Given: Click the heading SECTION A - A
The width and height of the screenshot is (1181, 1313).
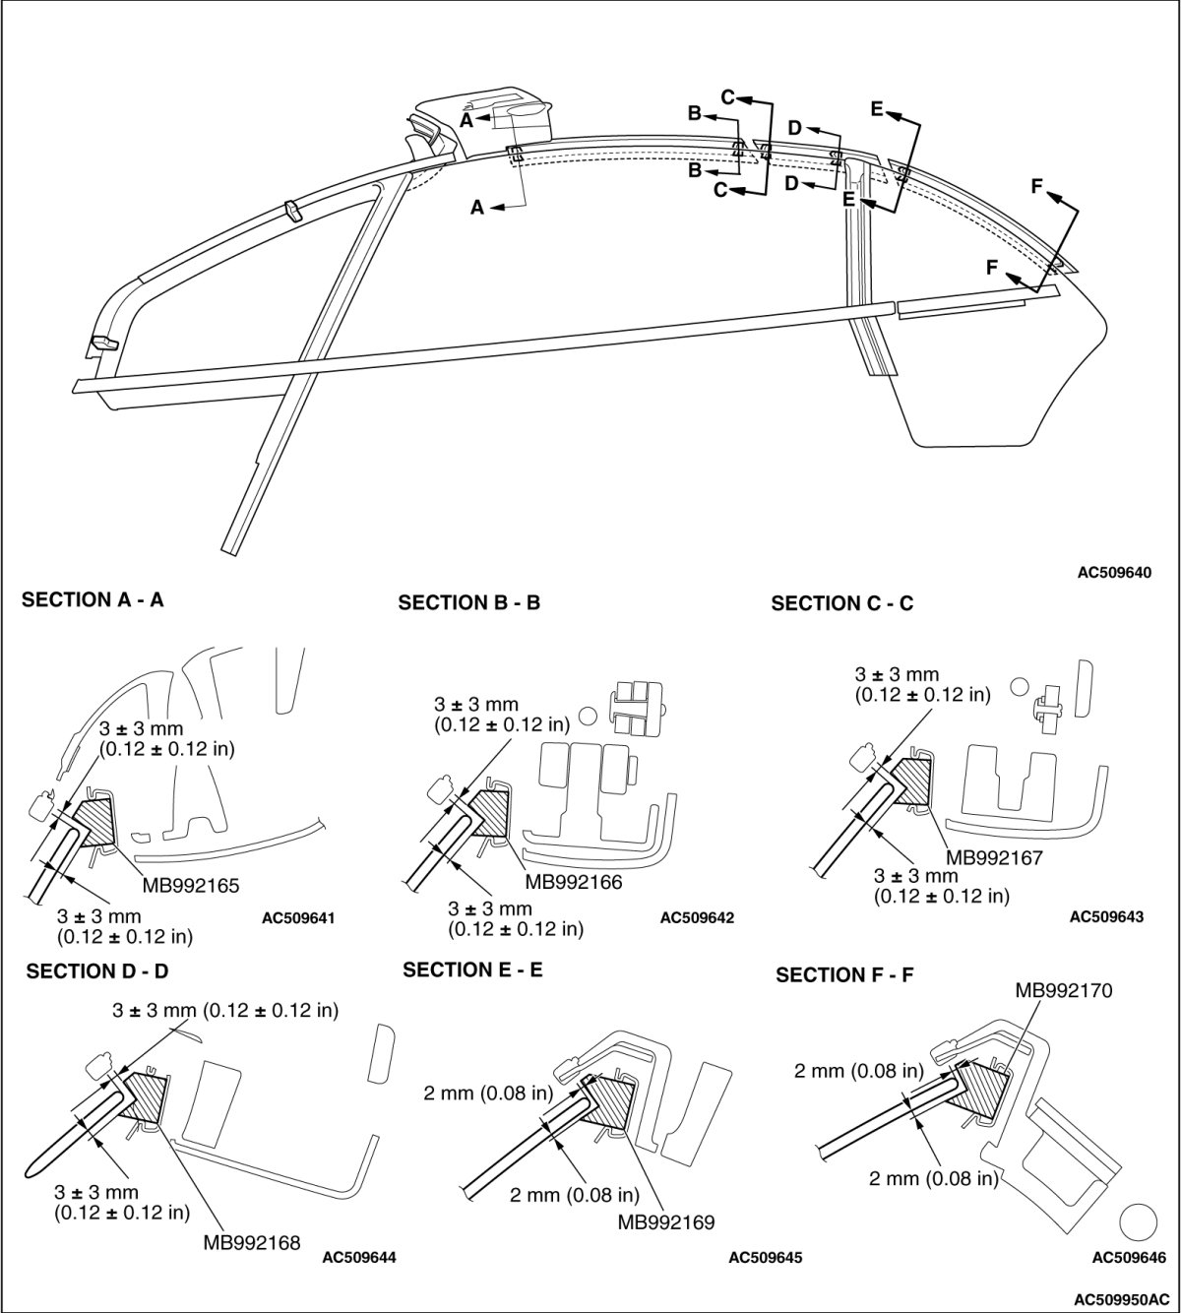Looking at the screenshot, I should click(93, 599).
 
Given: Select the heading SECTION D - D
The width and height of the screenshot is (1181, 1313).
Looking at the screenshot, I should click(97, 971).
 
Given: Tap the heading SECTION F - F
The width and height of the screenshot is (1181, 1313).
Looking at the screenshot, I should click(846, 975).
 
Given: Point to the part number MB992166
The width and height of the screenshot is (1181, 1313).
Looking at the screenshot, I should click(574, 883).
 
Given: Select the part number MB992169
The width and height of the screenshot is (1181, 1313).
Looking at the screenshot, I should click(665, 1222).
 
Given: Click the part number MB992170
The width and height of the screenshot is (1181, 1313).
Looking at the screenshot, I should click(1064, 991).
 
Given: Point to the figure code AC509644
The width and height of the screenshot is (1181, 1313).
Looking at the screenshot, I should click(358, 1257).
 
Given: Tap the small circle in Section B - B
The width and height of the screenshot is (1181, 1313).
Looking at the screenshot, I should click(590, 715).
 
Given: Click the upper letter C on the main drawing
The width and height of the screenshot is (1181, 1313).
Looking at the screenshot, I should click(728, 96).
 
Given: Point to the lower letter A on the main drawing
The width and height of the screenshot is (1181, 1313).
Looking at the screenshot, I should click(477, 208).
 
